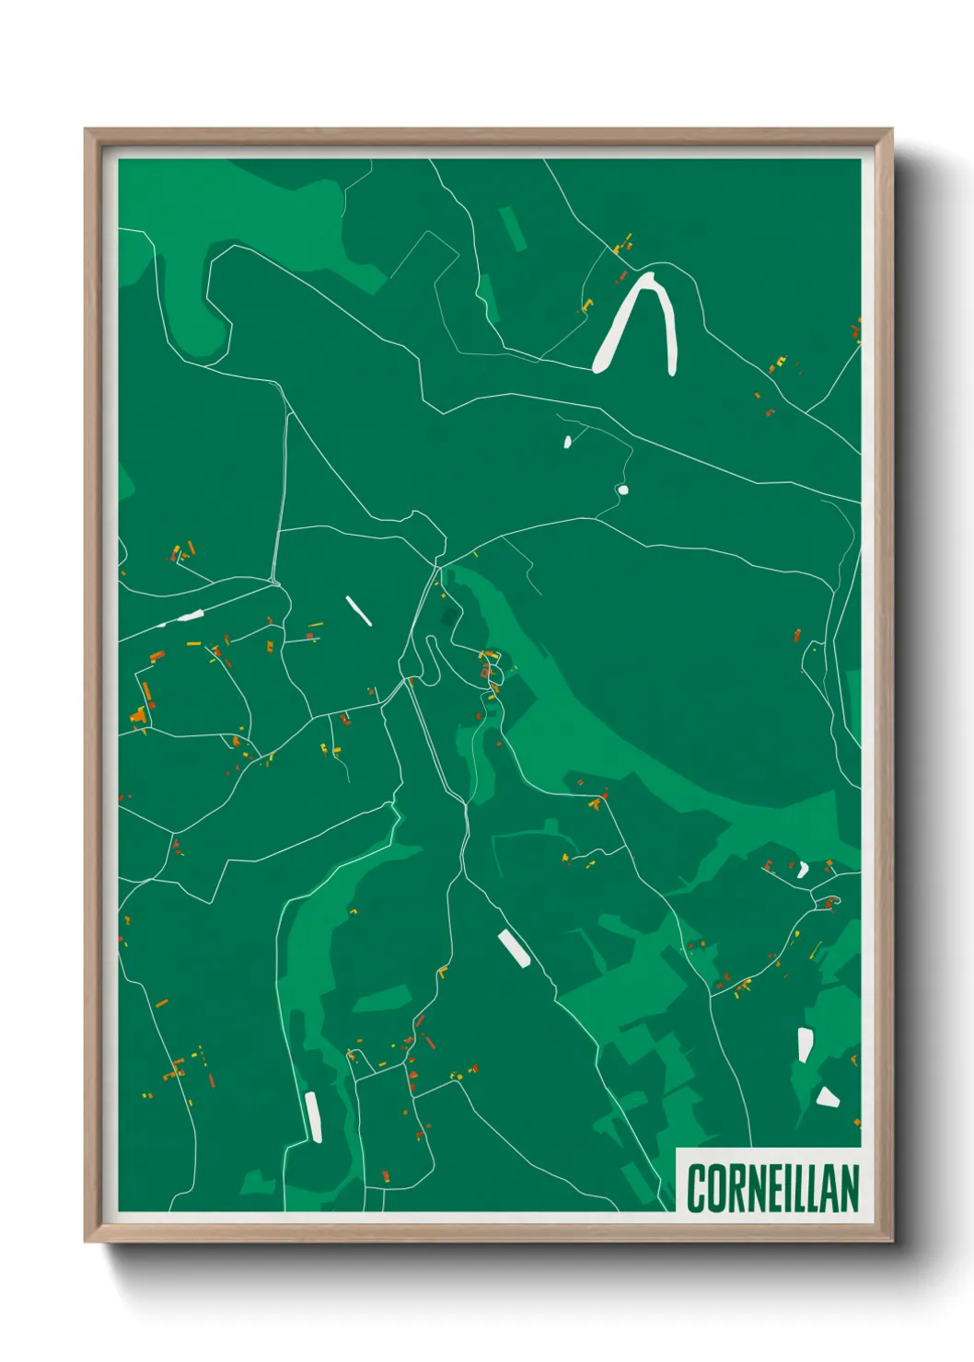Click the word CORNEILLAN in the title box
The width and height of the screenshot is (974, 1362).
point(772,1188)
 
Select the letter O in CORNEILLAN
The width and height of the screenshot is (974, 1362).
point(713,1188)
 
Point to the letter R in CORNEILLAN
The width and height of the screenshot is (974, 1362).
point(733,1188)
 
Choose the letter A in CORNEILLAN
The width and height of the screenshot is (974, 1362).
point(830,1188)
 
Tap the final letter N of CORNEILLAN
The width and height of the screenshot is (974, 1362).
point(850,1188)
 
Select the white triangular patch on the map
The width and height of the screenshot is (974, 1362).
point(827,1096)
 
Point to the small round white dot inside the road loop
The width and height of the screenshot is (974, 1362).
point(623,490)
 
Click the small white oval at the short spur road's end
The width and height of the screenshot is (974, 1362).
point(568,442)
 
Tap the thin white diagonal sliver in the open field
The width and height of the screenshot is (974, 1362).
point(358,610)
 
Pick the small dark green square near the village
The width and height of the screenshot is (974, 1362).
point(448,616)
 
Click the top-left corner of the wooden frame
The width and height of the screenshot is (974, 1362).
point(86,130)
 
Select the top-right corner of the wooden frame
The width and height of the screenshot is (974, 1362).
point(891,130)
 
